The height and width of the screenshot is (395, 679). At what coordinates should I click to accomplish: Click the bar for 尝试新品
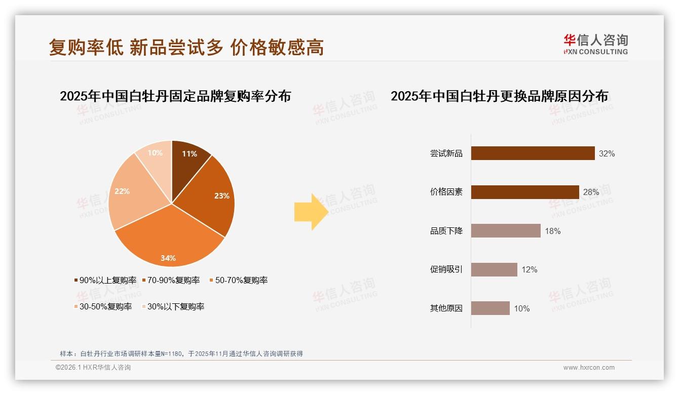pos(533,153)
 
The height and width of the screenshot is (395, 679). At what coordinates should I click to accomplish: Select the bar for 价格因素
pos(525,192)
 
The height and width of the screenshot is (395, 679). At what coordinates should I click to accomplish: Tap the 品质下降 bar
pos(506,231)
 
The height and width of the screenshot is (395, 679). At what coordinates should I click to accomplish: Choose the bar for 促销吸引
pos(494,269)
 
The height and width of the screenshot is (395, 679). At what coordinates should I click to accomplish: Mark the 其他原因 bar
pos(490,308)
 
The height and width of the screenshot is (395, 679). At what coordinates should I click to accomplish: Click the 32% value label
pos(607,153)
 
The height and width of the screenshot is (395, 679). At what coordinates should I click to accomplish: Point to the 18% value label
pos(552,231)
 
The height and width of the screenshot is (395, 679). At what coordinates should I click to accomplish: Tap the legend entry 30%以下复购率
pos(175,306)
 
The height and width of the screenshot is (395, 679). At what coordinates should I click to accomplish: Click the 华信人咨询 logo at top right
pos(595,44)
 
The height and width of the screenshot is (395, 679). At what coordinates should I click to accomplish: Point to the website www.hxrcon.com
pos(589,368)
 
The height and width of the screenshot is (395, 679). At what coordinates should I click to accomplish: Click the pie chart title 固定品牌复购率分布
pos(175,96)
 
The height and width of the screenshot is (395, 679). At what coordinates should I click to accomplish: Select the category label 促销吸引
pos(446,269)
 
